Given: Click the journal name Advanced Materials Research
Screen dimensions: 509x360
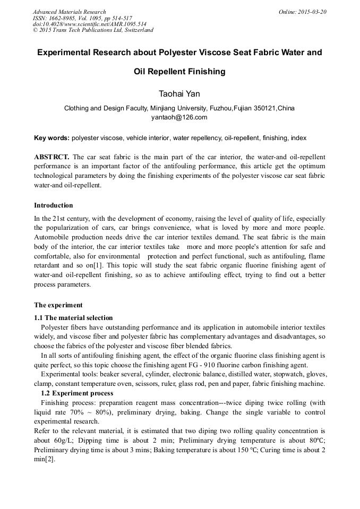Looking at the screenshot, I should point(69,12).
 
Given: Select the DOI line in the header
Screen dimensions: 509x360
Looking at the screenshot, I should point(90,24).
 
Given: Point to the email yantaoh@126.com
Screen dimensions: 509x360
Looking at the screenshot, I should point(179,117).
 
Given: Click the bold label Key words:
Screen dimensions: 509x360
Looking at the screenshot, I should point(52,138).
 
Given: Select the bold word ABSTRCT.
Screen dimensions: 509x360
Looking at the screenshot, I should point(51,157).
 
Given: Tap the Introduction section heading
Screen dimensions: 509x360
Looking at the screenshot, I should point(54,205).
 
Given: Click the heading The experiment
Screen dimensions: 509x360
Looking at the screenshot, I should point(58,305).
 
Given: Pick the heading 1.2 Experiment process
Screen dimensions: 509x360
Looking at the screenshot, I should point(77,393).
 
